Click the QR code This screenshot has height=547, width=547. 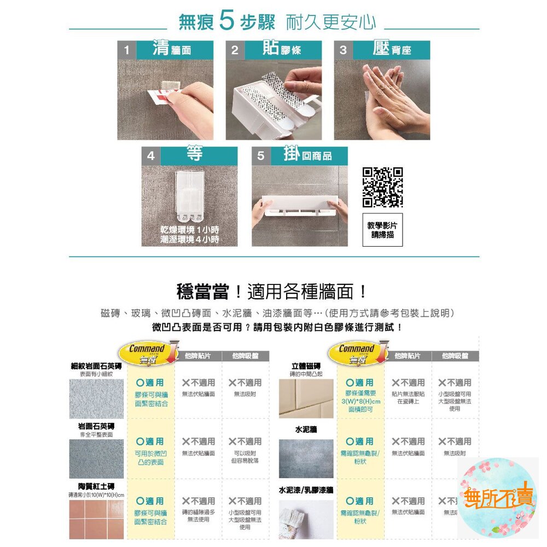[383, 187]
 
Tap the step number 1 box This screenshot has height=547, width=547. [126, 50]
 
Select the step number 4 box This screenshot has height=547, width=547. [150, 156]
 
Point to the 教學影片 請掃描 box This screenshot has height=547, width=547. [383, 230]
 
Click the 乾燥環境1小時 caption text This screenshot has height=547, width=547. [190, 229]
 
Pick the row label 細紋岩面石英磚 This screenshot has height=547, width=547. [96, 366]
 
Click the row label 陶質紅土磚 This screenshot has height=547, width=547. [96, 486]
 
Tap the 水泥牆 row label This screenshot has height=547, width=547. [306, 430]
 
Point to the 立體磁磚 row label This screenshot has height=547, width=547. [306, 366]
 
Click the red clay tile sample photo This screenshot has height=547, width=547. [96, 520]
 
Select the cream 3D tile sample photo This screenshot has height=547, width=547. [306, 398]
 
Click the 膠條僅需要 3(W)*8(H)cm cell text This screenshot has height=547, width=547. [360, 401]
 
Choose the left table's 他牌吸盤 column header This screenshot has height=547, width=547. [245, 356]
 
